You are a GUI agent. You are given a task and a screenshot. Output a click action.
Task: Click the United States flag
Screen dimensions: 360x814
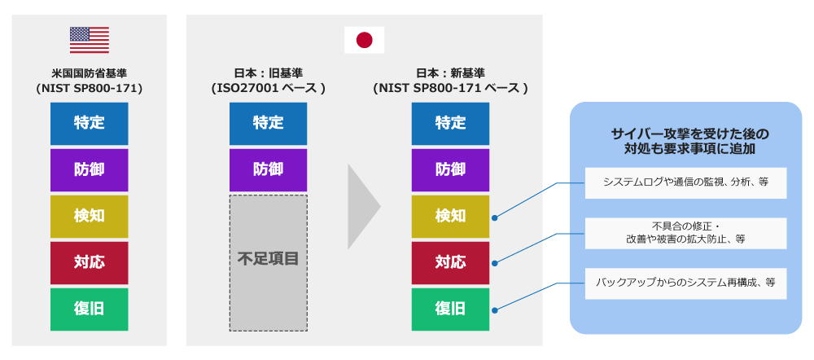pyautogui.click(x=90, y=40)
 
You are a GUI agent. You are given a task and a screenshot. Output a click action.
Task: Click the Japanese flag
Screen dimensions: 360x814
pyautogui.click(x=364, y=40)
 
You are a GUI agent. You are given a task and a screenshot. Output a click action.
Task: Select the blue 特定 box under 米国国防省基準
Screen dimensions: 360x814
pyautogui.click(x=89, y=124)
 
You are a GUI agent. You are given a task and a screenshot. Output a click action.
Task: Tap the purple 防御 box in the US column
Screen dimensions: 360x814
pyautogui.click(x=89, y=170)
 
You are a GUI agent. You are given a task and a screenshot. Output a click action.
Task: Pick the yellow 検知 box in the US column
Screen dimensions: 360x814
pyautogui.click(x=89, y=216)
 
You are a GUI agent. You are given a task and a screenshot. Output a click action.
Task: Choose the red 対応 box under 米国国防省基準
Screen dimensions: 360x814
pyautogui.click(x=89, y=262)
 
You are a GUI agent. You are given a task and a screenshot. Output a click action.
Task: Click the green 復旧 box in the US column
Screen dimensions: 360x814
pyautogui.click(x=89, y=309)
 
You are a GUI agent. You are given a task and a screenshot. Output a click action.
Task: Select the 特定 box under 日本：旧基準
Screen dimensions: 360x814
pyautogui.click(x=268, y=124)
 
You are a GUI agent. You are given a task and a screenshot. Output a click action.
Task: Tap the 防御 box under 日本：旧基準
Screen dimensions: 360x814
pyautogui.click(x=268, y=170)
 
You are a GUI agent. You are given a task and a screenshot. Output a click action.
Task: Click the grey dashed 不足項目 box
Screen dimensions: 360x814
pyautogui.click(x=268, y=261)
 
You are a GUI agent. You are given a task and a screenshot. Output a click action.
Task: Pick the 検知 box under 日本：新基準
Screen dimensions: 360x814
pyautogui.click(x=450, y=216)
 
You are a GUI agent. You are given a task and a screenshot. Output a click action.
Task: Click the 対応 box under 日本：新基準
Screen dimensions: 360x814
pyautogui.click(x=450, y=262)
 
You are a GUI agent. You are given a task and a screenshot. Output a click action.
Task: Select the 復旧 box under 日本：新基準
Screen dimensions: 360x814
pyautogui.click(x=450, y=309)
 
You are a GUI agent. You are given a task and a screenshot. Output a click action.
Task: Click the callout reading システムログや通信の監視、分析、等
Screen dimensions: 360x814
pyautogui.click(x=685, y=182)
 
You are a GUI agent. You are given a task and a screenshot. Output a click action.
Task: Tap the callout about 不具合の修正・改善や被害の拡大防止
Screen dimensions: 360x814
pyautogui.click(x=685, y=233)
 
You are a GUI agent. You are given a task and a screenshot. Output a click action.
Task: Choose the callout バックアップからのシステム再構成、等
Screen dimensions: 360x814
pyautogui.click(x=685, y=283)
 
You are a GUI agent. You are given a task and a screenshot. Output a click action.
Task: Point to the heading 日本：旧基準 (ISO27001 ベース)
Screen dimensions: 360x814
pyautogui.click(x=268, y=81)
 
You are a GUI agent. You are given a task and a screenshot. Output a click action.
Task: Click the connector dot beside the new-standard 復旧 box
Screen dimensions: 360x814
pyautogui.click(x=496, y=310)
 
